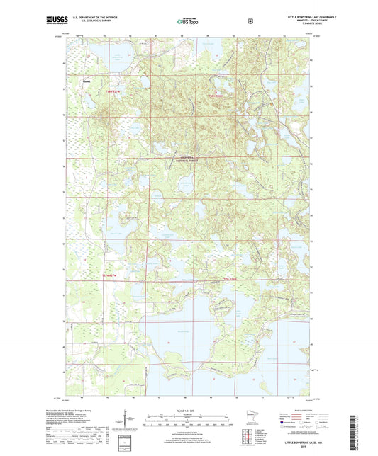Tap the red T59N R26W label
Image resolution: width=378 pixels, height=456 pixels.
click(x=215, y=96)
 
